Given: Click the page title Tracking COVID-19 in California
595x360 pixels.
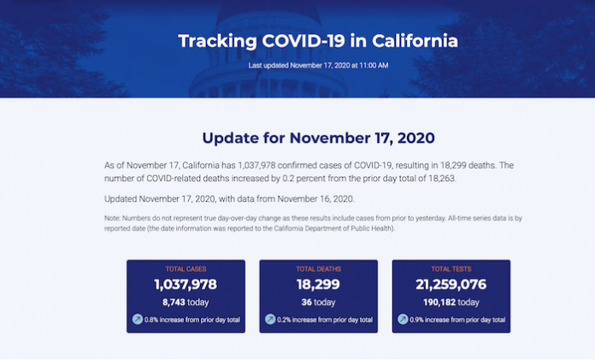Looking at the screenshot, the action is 318,41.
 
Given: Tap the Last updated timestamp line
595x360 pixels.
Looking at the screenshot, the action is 318,65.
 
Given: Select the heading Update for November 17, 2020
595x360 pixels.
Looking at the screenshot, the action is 318,138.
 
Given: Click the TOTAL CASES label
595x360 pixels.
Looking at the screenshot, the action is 186,269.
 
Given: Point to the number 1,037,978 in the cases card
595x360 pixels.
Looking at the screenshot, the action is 186,285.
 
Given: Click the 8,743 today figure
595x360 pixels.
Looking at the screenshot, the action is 186,302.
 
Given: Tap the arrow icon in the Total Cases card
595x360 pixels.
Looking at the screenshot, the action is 138,319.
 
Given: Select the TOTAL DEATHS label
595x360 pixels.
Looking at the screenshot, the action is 318,269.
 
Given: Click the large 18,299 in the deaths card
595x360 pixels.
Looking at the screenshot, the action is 318,285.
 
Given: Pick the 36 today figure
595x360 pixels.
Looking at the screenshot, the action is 318,302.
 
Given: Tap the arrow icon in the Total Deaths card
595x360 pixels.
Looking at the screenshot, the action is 270,319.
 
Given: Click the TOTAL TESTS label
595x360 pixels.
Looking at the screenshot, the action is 451,269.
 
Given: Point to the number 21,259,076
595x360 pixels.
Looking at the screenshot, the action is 451,285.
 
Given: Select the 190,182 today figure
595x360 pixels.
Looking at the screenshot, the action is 451,302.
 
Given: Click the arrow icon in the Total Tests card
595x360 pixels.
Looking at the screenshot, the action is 403,319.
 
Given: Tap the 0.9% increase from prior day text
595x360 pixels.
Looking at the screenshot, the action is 457,320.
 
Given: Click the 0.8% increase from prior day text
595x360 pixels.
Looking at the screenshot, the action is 192,320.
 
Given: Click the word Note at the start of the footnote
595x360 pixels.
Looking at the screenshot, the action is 112,218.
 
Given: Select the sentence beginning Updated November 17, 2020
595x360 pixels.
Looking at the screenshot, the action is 230,199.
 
